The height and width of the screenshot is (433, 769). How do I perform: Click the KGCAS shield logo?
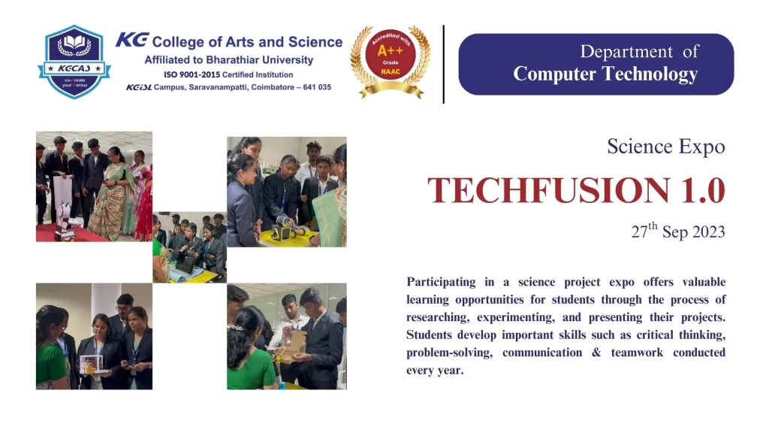pyautogui.click(x=74, y=62)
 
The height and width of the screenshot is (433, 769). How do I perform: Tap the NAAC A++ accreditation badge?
pyautogui.click(x=391, y=62)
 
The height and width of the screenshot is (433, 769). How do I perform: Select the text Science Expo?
pyautogui.click(x=666, y=147)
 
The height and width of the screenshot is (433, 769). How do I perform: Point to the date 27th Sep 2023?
pyautogui.click(x=678, y=231)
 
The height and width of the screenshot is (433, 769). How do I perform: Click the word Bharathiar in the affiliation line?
pyautogui.click(x=232, y=60)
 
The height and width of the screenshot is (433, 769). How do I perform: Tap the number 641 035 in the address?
pyautogui.click(x=317, y=87)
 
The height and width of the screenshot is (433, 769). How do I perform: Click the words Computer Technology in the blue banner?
pyautogui.click(x=605, y=74)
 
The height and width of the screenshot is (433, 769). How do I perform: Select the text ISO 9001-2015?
pyautogui.click(x=191, y=74)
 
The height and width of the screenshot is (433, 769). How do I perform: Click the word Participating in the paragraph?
pyautogui.click(x=441, y=283)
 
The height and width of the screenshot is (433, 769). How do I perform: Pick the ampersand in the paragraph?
pyautogui.click(x=596, y=353)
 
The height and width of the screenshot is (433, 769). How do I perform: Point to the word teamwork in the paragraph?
pyautogui.click(x=637, y=353)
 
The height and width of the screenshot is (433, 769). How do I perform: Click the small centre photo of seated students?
pyautogui.click(x=189, y=247)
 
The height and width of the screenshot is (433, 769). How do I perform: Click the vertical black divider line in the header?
pyautogui.click(x=443, y=65)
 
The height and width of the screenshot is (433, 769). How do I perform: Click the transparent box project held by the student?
pyautogui.click(x=91, y=365)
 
